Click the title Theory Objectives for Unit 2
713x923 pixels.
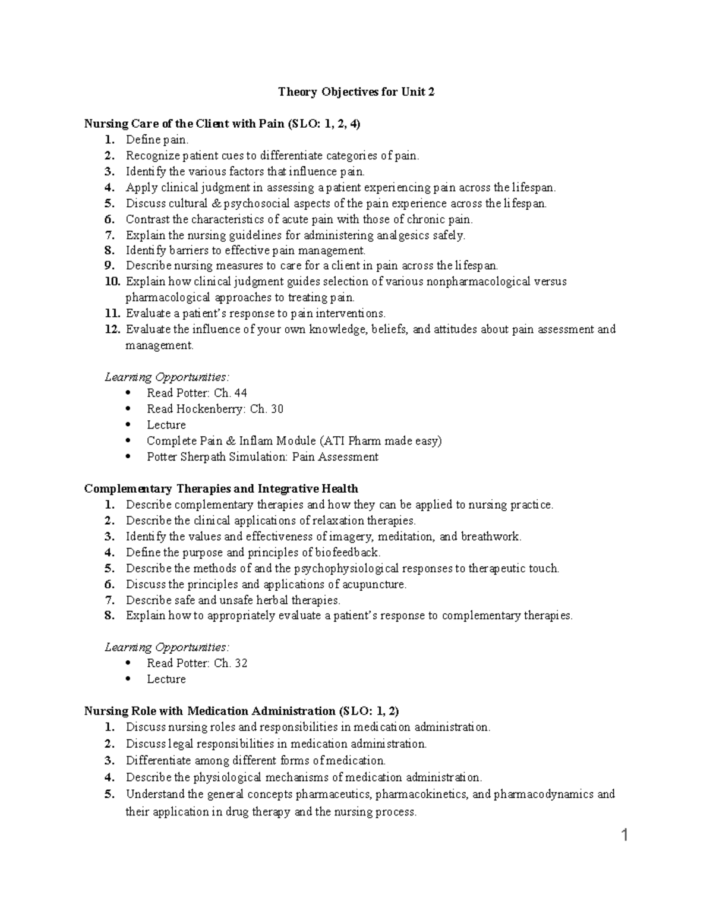click(x=356, y=92)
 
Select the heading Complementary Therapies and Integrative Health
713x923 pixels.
click(x=221, y=489)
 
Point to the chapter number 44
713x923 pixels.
click(x=241, y=393)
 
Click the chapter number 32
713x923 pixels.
click(x=241, y=663)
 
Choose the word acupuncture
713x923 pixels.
click(x=373, y=584)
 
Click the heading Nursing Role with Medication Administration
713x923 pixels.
click(x=242, y=711)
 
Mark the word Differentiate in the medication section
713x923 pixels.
click(x=158, y=760)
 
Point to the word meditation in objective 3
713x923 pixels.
click(x=405, y=537)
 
